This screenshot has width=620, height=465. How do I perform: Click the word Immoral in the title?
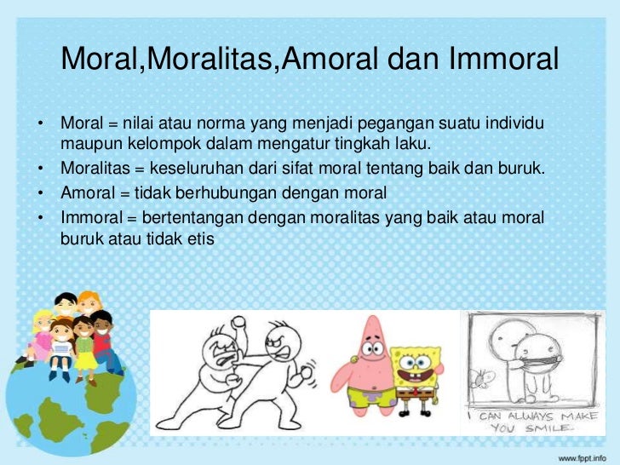click(500, 60)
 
